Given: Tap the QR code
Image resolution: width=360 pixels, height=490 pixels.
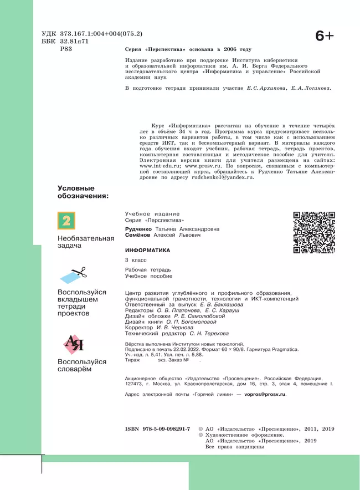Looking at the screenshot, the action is coord(313,232).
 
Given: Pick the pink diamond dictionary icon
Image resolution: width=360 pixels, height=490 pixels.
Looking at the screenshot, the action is coord(75,345).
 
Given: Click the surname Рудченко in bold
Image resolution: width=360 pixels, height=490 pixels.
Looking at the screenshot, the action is coord(139,229).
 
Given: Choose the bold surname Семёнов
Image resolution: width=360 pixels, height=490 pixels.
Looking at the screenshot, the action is coord(138,235).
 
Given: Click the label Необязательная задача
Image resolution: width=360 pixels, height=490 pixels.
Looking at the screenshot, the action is coord(86,242).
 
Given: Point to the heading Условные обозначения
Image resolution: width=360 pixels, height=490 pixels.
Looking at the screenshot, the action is coord(83,192).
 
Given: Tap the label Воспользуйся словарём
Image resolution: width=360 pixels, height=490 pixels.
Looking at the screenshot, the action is coord(82,365).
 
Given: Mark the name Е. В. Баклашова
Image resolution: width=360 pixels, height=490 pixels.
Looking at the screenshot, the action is coord(215,305).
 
